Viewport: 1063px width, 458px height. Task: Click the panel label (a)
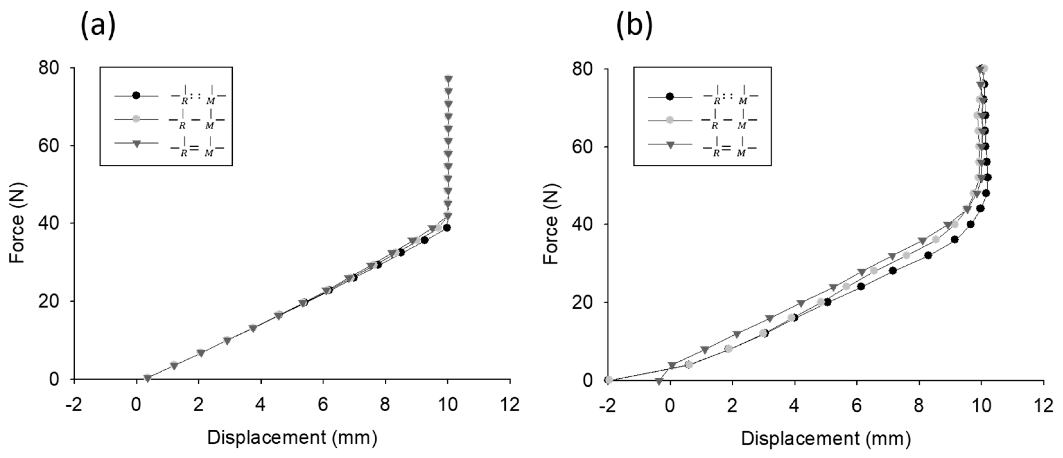click(x=98, y=26)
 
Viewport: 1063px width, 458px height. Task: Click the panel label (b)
click(x=635, y=26)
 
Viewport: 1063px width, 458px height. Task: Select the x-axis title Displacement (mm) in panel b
click(x=826, y=439)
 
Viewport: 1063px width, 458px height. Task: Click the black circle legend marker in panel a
click(x=136, y=96)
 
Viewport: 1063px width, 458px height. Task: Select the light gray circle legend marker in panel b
click(x=670, y=120)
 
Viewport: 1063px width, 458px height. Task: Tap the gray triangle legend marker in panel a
click(x=136, y=143)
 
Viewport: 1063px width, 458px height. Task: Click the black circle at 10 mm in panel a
click(x=447, y=228)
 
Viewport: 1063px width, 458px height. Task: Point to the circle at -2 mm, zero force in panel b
click(x=608, y=380)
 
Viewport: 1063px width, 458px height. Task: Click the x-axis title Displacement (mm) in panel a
click(x=292, y=438)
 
